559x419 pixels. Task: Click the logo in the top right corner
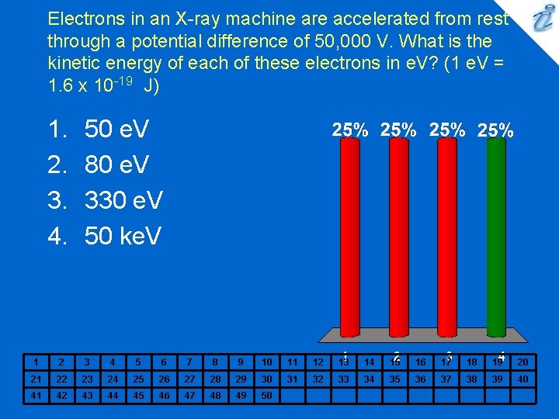pyautogui.click(x=539, y=19)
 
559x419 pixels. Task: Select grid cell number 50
pyautogui.click(x=266, y=395)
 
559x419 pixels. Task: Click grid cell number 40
pyautogui.click(x=523, y=379)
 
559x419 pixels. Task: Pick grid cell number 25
pyautogui.click(x=137, y=379)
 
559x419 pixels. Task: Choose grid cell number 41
pyautogui.click(x=36, y=395)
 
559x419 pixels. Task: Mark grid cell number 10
pyautogui.click(x=266, y=362)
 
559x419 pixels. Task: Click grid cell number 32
pyautogui.click(x=318, y=379)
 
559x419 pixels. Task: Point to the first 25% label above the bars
pyautogui.click(x=350, y=130)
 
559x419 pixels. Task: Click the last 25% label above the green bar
pyautogui.click(x=495, y=130)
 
